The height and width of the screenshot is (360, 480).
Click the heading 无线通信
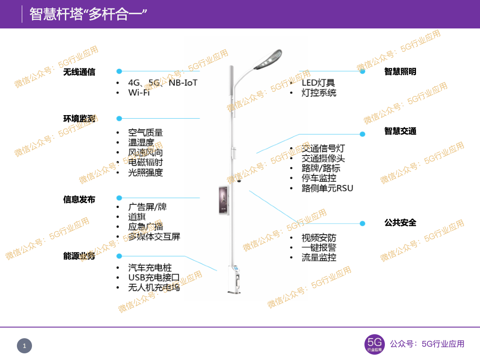79,72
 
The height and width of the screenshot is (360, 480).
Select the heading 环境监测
79,119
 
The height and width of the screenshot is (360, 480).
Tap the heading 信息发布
79,200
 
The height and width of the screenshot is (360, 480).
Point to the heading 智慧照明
400,72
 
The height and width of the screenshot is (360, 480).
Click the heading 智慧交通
400,131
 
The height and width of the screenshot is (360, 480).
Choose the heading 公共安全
400,223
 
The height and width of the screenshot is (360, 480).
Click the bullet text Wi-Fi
139,92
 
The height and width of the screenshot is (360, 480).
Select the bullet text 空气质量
145,132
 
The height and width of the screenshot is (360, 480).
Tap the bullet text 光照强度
145,172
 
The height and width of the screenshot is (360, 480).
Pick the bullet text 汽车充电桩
150,268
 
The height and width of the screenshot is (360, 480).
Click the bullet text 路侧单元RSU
327,188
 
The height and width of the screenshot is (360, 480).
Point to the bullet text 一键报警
319,248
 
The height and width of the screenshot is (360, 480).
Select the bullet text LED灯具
318,83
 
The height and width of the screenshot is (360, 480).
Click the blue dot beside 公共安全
362,224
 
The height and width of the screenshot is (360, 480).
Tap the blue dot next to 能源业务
119,256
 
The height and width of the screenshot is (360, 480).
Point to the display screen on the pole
223,200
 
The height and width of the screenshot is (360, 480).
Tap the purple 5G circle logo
374,344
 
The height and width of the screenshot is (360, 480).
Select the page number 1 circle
24,346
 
